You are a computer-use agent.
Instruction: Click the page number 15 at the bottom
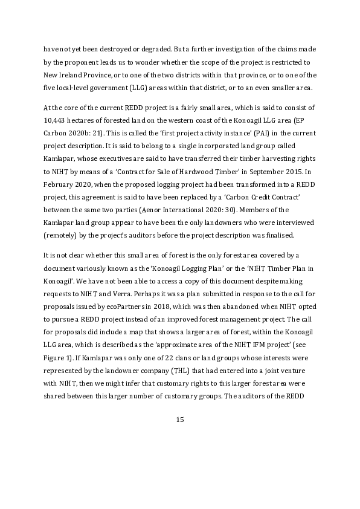(x=179, y=420)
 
